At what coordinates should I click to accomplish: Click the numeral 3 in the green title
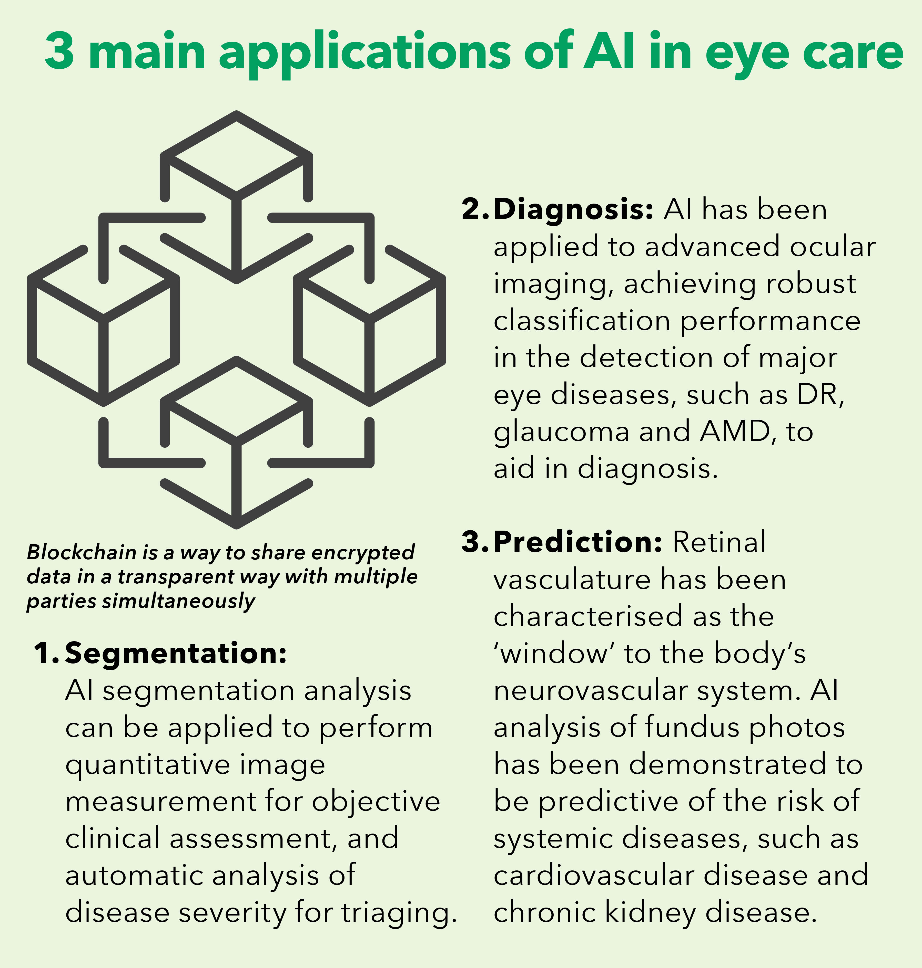[59, 51]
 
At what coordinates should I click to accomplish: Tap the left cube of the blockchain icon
[103, 325]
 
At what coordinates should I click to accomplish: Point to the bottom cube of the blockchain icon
[236, 442]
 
